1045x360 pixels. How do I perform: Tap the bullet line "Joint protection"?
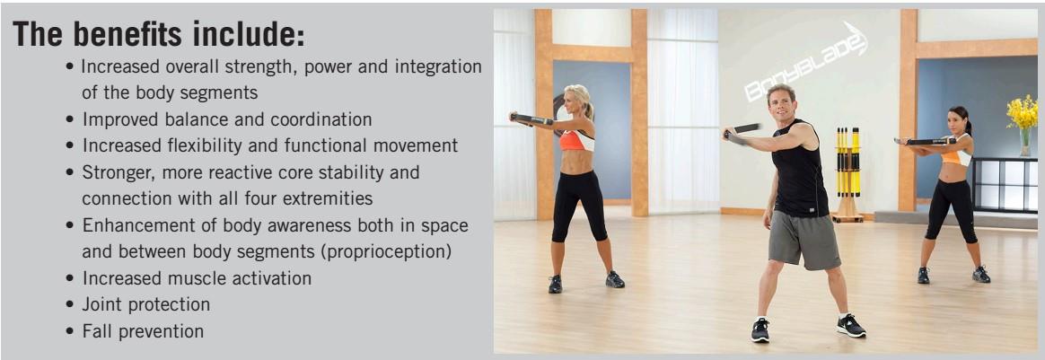click(145, 304)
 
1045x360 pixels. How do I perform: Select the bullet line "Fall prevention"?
click(143, 331)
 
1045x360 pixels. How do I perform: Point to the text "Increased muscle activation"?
click(197, 278)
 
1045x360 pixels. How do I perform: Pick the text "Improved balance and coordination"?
click(227, 119)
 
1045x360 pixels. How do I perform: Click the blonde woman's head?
click(575, 102)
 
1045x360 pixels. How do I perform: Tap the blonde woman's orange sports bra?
click(576, 140)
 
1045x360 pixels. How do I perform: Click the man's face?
click(782, 101)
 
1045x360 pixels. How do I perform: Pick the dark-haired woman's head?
click(960, 119)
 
